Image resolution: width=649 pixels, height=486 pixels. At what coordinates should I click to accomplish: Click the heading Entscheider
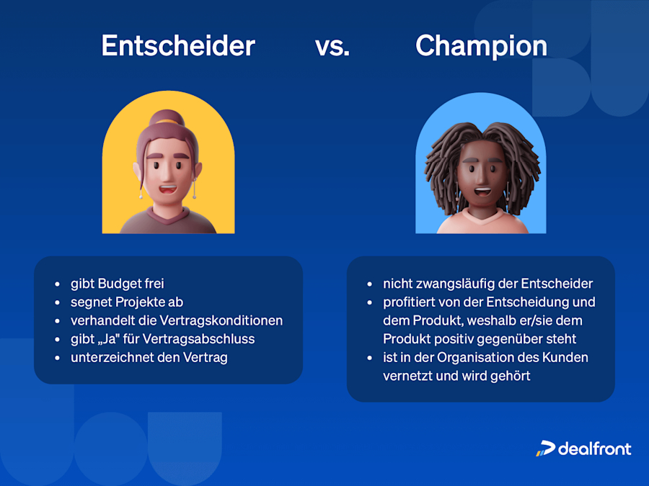click(178, 46)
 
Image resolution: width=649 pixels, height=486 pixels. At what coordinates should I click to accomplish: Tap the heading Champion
click(481, 46)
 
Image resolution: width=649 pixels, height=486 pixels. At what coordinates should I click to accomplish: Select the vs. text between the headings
click(332, 47)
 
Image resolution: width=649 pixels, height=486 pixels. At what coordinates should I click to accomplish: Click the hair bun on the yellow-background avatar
click(168, 118)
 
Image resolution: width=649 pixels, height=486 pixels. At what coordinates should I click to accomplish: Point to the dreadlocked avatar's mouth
click(481, 192)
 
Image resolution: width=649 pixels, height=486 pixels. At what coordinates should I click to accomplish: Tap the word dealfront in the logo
click(595, 449)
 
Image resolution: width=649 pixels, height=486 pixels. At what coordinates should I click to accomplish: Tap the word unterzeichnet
click(107, 357)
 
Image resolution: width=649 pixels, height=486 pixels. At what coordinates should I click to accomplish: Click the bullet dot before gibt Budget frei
click(57, 284)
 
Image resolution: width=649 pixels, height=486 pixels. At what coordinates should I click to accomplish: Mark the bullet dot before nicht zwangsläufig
click(369, 284)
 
